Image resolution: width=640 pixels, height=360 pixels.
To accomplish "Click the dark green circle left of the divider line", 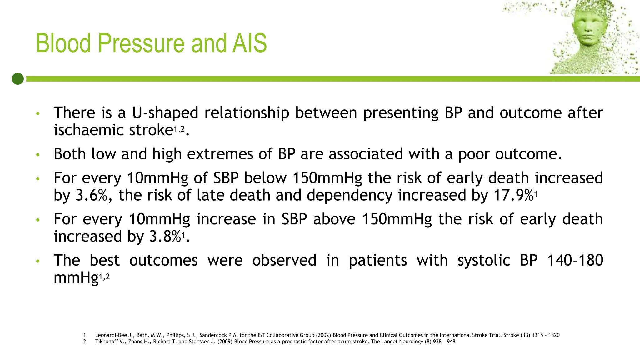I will click(18, 79).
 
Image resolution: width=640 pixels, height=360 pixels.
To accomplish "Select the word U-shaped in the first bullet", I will click(165, 113).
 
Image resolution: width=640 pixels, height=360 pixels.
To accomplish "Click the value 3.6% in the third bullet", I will click(92, 195).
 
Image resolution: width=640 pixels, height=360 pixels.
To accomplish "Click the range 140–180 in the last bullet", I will click(575, 261).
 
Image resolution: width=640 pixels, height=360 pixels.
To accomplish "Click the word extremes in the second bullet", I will click(220, 154).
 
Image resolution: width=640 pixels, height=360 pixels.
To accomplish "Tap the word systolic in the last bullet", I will click(484, 261).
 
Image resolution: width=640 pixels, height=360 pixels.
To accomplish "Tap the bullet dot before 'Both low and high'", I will click(38, 155).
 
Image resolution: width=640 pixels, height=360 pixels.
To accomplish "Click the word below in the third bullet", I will click(265, 178).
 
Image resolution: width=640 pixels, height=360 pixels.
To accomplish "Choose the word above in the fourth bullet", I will click(334, 219).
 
